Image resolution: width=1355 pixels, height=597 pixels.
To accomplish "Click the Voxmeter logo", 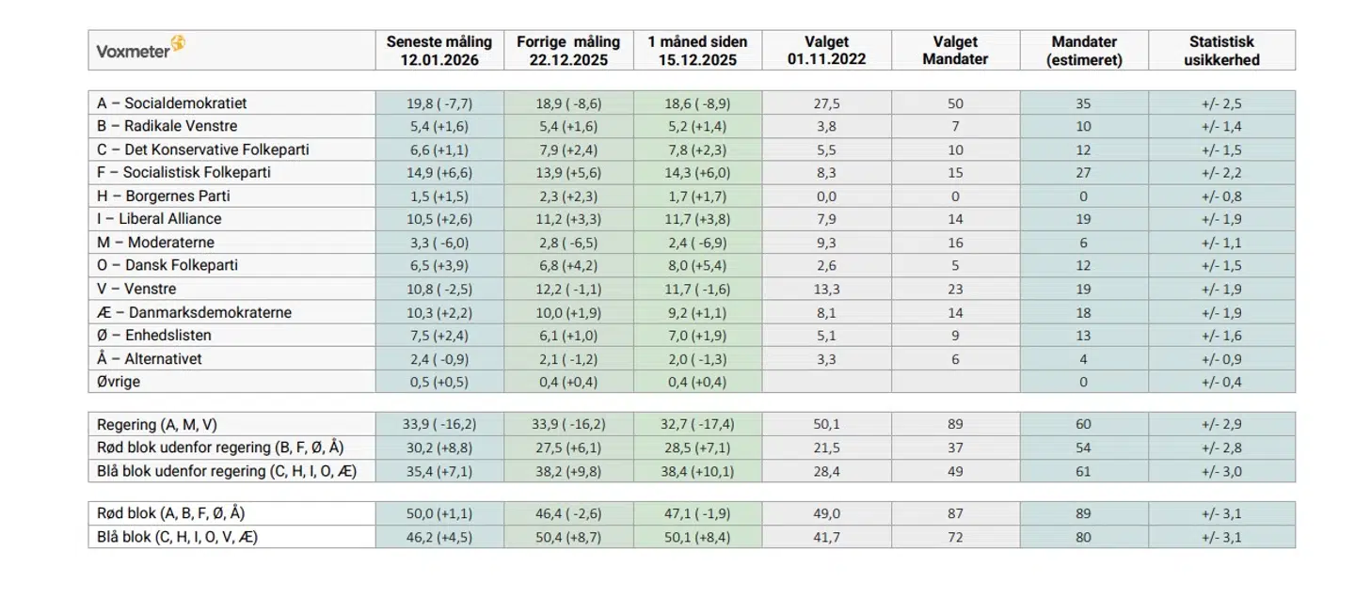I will click(140, 50).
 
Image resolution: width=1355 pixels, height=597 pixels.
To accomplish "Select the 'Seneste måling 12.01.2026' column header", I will click(438, 51).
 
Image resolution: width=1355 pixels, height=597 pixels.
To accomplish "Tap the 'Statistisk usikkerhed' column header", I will click(1221, 51).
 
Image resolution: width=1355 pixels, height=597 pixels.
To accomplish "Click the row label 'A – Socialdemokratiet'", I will click(172, 103).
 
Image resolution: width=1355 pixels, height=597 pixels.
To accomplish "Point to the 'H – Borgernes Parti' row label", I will click(164, 196).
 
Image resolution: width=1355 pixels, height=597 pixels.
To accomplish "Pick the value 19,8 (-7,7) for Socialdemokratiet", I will click(438, 103).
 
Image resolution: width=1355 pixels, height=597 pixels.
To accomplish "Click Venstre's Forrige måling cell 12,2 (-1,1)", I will click(568, 289).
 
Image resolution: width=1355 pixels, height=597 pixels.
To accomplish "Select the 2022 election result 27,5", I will click(826, 103).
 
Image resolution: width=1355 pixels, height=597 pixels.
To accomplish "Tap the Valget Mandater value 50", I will click(955, 103).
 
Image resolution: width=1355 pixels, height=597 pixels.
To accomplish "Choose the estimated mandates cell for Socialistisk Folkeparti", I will click(1083, 173).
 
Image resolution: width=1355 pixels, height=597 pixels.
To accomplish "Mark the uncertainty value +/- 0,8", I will click(1221, 196).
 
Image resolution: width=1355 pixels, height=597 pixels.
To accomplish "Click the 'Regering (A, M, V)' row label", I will click(156, 424).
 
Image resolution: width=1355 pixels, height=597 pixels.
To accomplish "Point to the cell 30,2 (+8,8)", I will click(438, 448).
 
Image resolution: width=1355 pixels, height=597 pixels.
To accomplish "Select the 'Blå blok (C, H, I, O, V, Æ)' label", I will click(178, 537).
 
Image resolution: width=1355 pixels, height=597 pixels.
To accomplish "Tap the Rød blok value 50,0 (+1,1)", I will click(438, 513).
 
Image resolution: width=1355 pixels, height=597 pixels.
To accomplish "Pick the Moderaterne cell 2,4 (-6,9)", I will click(697, 243).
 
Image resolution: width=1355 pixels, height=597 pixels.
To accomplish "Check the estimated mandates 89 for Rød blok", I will click(1083, 513).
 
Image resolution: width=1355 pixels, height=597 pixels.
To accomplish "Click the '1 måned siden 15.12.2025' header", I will click(697, 51).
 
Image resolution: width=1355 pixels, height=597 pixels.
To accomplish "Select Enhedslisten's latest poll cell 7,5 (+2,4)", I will click(438, 336).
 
